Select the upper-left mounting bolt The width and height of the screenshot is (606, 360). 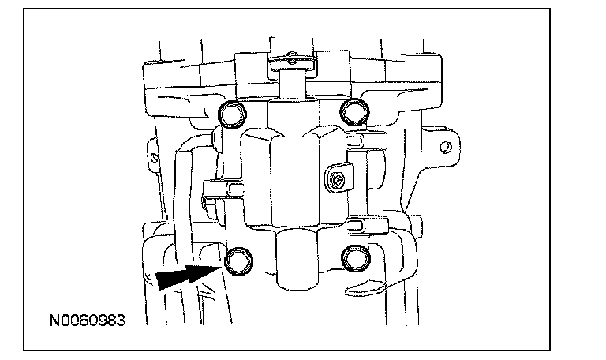click(234, 115)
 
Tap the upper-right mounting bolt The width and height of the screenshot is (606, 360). click(351, 114)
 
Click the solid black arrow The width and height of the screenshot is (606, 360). click(184, 276)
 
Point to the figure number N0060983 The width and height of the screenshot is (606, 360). click(86, 321)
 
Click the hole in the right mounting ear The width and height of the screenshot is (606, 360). click(446, 147)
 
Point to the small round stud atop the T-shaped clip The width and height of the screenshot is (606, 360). click(291, 55)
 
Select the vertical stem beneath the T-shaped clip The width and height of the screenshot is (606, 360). click(291, 82)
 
